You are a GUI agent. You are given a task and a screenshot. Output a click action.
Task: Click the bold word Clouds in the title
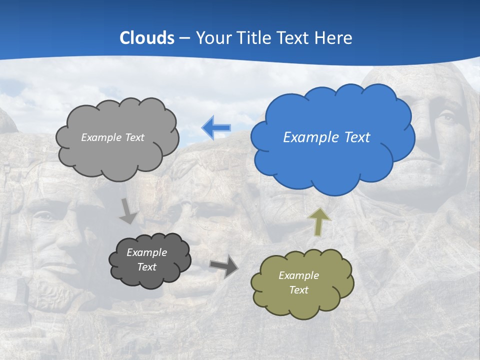pyautogui.click(x=147, y=38)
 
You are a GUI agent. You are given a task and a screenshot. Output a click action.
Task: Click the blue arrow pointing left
pyautogui.click(x=216, y=128)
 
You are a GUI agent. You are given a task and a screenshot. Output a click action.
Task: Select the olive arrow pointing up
pyautogui.click(x=319, y=221)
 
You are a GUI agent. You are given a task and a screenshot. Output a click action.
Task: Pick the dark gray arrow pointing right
pyautogui.click(x=223, y=266)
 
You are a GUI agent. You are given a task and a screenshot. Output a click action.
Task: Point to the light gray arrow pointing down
pyautogui.click(x=128, y=210)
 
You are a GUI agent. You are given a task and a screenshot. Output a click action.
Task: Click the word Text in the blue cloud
pyautogui.click(x=356, y=137)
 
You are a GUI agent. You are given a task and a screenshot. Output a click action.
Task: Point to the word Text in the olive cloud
pyautogui.click(x=298, y=290)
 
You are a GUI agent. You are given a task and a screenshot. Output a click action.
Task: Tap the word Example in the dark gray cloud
pyautogui.click(x=146, y=252)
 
